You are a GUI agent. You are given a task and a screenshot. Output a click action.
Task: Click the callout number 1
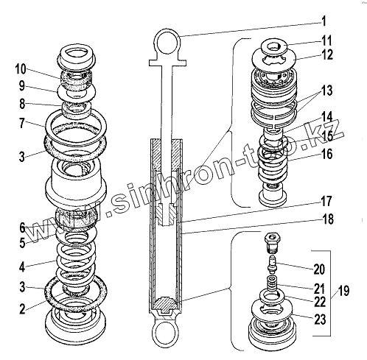[324, 21]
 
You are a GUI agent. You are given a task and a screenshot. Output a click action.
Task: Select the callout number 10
[21, 69]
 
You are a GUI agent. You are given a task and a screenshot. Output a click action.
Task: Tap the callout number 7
[22, 123]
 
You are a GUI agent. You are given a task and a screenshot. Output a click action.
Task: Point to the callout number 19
[343, 291]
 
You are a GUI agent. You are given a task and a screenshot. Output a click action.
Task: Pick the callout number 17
[326, 201]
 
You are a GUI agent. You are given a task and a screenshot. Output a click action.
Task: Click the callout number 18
[328, 219]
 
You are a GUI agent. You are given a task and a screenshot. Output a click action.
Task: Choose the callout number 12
[327, 54]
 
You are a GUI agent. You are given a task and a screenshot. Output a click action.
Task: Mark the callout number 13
[326, 91]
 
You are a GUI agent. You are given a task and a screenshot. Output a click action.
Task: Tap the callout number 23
[320, 320]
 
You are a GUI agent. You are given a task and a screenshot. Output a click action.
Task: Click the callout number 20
[319, 269]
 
